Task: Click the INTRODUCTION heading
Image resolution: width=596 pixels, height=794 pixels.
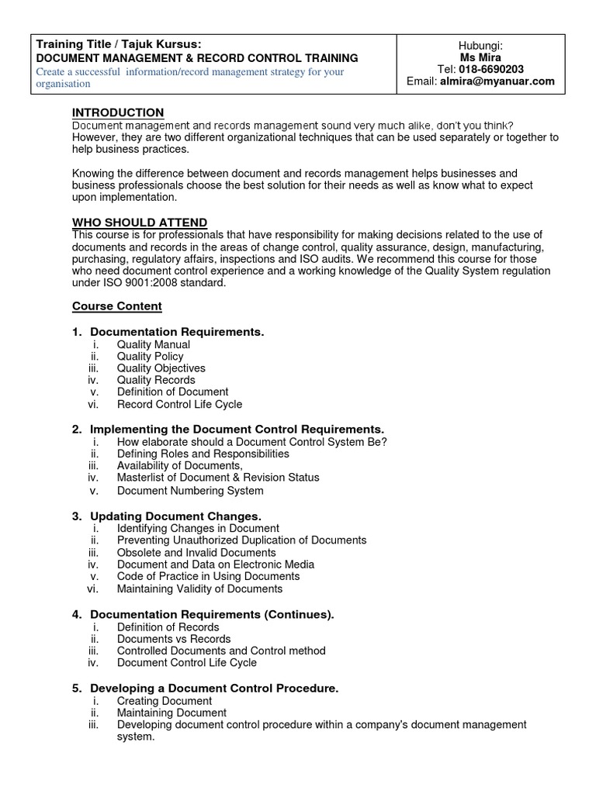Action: [x=118, y=113]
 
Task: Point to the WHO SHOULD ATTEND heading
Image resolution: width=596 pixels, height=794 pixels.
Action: [x=140, y=223]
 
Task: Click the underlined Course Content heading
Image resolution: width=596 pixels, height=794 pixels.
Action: [x=117, y=306]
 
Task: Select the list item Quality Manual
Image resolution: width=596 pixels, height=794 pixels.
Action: [x=153, y=344]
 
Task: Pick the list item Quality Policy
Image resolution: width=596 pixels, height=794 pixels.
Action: [x=150, y=357]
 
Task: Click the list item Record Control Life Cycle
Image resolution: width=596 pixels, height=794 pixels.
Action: [x=179, y=404]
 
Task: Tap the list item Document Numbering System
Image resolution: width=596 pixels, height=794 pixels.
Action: [x=190, y=491]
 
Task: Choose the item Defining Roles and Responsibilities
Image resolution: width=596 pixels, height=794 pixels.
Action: [x=203, y=454]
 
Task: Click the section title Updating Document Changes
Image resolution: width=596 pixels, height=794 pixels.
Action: [x=176, y=516]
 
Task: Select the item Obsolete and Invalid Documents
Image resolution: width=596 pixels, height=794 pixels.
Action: [x=196, y=553]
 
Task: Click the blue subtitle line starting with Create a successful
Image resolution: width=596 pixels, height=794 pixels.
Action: [x=190, y=72]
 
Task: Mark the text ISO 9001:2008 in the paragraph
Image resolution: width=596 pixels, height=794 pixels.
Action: [x=133, y=283]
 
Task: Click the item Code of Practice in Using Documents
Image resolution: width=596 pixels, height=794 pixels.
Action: [x=208, y=576]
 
